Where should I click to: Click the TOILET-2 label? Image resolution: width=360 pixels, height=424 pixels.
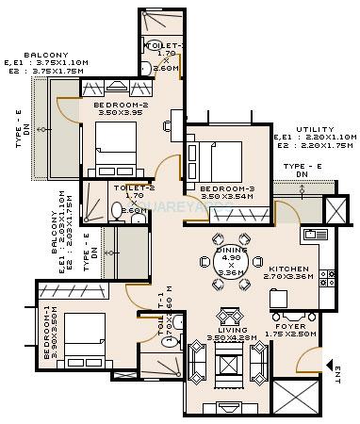[127, 188]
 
